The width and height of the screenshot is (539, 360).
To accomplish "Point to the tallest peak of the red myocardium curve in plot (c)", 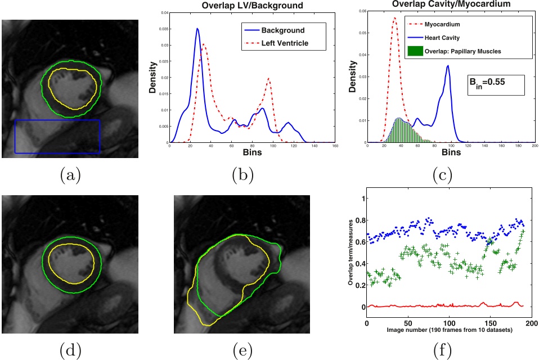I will pos(394,18).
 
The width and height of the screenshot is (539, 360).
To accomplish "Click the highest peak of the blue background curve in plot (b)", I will pos(197,29).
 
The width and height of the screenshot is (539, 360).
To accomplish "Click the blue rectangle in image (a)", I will pos(57,136).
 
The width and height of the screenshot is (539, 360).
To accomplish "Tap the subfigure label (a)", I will pos(70,175).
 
